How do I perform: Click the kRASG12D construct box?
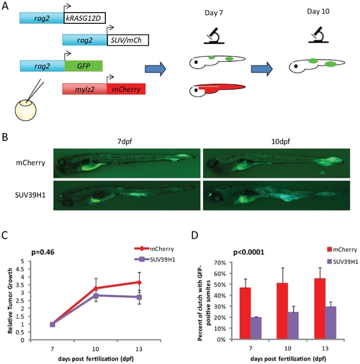(84, 18)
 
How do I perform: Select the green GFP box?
(84, 66)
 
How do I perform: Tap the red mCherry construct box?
(126, 89)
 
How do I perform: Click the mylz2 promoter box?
(85, 89)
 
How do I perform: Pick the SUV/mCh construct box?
(127, 40)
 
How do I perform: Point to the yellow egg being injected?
(25, 111)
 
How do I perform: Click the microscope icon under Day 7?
(214, 36)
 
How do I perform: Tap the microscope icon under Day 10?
(318, 35)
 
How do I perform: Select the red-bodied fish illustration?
(217, 90)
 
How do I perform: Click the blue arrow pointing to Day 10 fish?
(261, 69)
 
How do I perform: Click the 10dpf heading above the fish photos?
(280, 142)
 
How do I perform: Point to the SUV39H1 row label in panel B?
(30, 195)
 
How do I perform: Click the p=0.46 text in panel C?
(43, 252)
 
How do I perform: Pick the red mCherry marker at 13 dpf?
(139, 283)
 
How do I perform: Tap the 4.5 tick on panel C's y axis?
(20, 269)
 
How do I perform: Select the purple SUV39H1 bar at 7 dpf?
(256, 328)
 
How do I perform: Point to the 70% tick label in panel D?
(220, 263)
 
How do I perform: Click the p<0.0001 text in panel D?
(248, 252)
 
